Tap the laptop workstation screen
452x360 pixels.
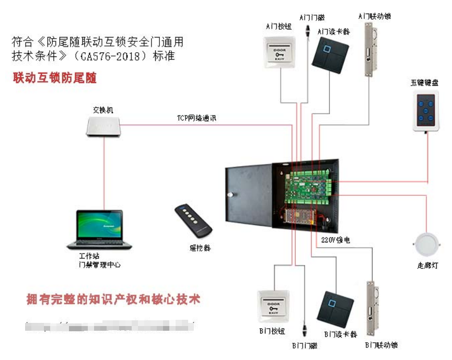[99, 225]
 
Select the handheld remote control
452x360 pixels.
[193, 219]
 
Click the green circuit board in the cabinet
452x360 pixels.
[308, 185]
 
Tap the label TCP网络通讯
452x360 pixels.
[196, 119]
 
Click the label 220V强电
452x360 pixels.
[335, 241]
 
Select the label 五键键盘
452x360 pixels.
[424, 82]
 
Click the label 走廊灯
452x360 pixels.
[428, 266]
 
